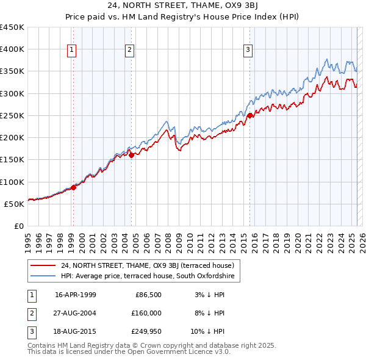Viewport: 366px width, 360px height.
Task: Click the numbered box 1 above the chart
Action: point(72,51)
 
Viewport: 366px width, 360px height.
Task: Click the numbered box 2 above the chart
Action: point(130,51)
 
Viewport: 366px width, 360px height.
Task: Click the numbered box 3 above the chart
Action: point(248,51)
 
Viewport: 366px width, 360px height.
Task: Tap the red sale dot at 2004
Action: point(131,155)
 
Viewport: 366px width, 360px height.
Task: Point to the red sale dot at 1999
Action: point(74,187)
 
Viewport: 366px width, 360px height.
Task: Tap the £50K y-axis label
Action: point(15,204)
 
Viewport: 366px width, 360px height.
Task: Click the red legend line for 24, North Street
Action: point(43,265)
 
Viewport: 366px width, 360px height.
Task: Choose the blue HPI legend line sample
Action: point(43,276)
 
